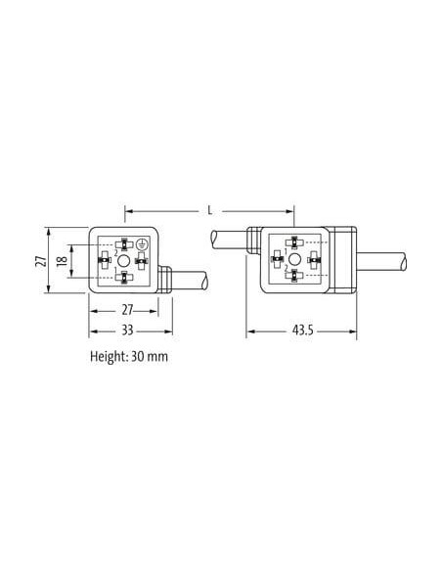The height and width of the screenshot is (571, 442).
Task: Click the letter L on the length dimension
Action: (x=209, y=210)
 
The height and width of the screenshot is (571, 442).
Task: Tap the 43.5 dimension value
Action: (x=302, y=330)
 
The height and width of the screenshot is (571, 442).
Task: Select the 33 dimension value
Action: (x=127, y=330)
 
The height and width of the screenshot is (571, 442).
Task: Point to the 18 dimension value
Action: (x=63, y=260)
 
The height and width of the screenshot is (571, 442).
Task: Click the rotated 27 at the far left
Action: (x=41, y=260)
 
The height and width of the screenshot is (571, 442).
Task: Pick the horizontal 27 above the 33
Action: (x=127, y=310)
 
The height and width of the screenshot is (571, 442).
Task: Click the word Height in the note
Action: (x=108, y=356)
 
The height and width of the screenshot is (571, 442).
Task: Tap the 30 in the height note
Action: (x=138, y=356)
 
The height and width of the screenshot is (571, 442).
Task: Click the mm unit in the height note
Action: (x=158, y=357)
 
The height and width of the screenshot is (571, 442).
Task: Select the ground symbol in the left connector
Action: (x=141, y=244)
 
